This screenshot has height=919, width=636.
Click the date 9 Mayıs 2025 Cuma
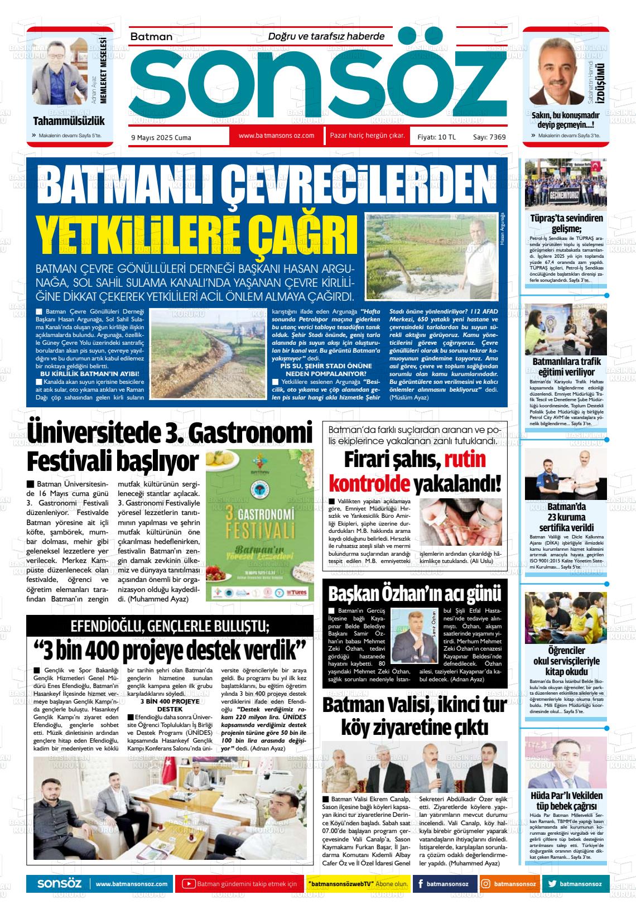[161, 138]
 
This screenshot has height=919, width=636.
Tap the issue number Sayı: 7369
[489, 137]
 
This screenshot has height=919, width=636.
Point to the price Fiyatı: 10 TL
[436, 137]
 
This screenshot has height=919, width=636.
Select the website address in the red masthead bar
[276, 136]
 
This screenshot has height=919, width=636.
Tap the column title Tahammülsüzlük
[69, 121]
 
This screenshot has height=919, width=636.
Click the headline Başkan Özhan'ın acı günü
[415, 593]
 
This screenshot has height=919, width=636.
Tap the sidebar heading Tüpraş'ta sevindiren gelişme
[566, 224]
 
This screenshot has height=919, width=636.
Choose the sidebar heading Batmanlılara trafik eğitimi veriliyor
[566, 367]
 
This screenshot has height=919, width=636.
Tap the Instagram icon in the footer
[486, 884]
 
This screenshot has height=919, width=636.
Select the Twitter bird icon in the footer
[552, 884]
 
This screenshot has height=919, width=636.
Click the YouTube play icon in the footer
[189, 884]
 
